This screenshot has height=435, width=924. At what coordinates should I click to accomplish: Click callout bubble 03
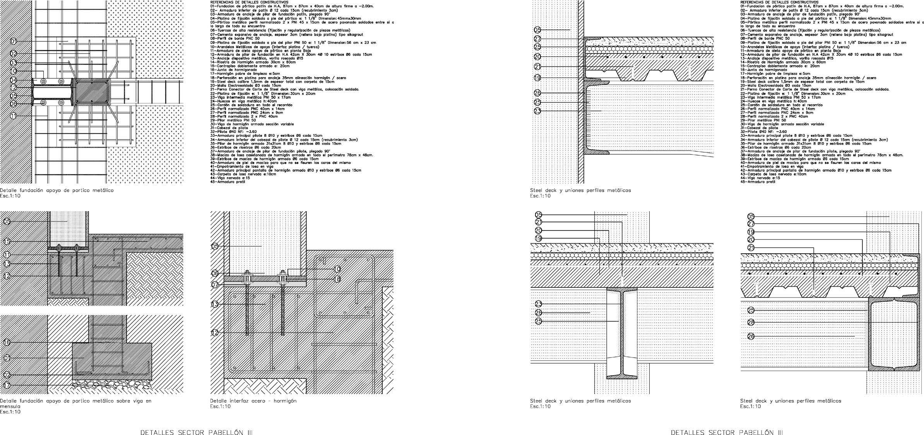pyautogui.click(x=13, y=63)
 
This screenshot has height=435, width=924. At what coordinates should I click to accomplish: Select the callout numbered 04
pyautogui.click(x=13, y=80)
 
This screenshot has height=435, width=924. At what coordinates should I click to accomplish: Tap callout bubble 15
pyautogui.click(x=7, y=242)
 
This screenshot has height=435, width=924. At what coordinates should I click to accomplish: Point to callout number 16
pyautogui.click(x=7, y=342)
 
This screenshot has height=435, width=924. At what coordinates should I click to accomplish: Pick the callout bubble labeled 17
pyautogui.click(x=7, y=385)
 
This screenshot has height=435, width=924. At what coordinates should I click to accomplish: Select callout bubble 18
pyautogui.click(x=337, y=279)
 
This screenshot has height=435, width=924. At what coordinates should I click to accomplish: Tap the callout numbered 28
pyautogui.click(x=751, y=322)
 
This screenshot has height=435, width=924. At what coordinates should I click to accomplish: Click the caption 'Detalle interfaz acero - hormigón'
pyautogui.click(x=253, y=401)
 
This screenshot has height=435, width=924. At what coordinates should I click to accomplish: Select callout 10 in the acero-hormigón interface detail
pyautogui.click(x=337, y=269)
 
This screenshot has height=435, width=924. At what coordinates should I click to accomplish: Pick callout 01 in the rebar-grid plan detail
pyautogui.click(x=13, y=41)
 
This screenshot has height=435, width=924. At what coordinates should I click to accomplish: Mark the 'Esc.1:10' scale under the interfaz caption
pyautogui.click(x=220, y=406)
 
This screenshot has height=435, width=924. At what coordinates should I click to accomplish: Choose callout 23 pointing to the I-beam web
pyautogui.click(x=538, y=304)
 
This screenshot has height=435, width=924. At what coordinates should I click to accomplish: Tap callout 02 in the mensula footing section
pyautogui.click(x=7, y=375)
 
